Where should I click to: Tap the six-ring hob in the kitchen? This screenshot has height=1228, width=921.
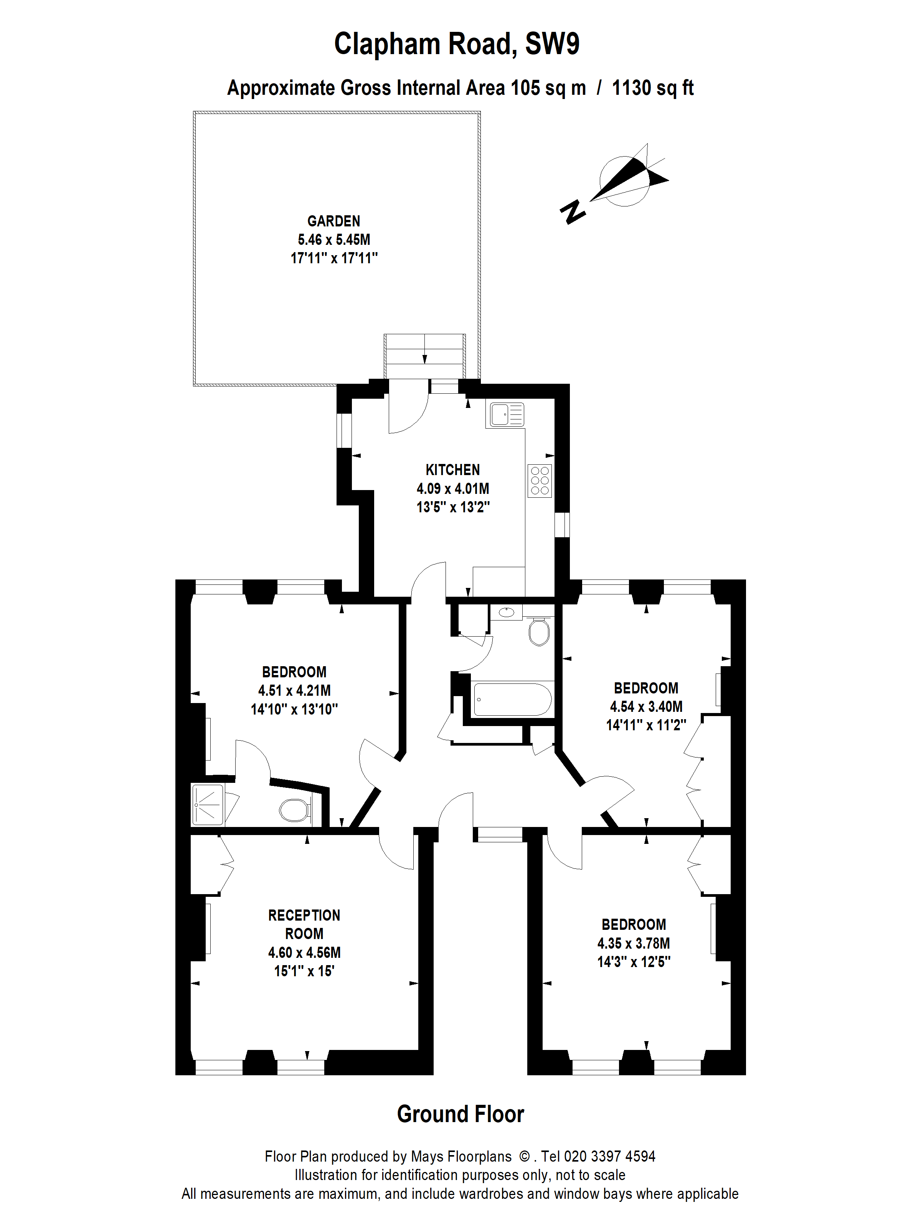pyautogui.click(x=540, y=480)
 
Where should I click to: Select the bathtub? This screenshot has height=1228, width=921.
pyautogui.click(x=512, y=700)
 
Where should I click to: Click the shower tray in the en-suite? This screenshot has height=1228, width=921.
pyautogui.click(x=207, y=804)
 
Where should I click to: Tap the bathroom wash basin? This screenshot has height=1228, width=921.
pyautogui.click(x=506, y=612)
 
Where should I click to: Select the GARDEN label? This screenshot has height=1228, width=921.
pyautogui.click(x=333, y=221)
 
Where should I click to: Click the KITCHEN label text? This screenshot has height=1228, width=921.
pyautogui.click(x=452, y=470)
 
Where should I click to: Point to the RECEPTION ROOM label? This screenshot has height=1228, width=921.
pyautogui.click(x=304, y=924)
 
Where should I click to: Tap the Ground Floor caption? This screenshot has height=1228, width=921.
pyautogui.click(x=460, y=1114)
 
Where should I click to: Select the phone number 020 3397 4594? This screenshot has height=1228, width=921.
pyautogui.click(x=609, y=1156)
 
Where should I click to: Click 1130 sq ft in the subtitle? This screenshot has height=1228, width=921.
pyautogui.click(x=652, y=88)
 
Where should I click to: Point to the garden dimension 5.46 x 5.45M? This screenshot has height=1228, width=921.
pyautogui.click(x=333, y=239)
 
